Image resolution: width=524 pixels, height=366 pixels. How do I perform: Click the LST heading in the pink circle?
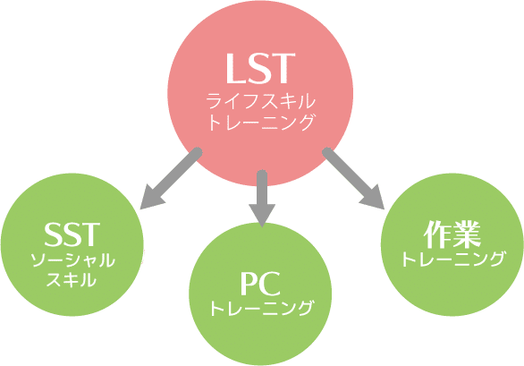click(261, 68)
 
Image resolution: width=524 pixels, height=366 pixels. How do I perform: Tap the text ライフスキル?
click(261, 101)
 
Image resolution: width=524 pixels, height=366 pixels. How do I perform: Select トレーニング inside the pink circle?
click(261, 123)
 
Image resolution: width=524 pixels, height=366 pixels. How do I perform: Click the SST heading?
click(72, 234)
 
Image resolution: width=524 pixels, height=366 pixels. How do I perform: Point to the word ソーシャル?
click(72, 260)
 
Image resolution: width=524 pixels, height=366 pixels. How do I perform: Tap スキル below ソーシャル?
click(72, 279)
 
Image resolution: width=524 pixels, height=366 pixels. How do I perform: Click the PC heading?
click(260, 284)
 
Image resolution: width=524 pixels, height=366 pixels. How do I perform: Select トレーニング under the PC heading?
click(262, 308)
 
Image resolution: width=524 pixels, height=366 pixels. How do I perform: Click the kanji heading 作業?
click(452, 234)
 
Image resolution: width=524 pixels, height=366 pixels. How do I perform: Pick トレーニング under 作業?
click(452, 259)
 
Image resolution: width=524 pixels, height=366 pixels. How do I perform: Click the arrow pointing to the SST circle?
click(171, 179)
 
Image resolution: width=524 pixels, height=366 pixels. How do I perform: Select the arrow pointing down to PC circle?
click(262, 198)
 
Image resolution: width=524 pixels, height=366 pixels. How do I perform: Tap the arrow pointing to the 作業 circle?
click(353, 179)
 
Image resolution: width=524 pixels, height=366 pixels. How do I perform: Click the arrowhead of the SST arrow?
click(150, 199)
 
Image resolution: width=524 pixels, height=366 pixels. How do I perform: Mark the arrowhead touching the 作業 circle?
click(375, 199)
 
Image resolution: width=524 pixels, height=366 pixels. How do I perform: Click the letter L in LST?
click(236, 68)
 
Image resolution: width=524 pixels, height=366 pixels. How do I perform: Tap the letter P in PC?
click(249, 284)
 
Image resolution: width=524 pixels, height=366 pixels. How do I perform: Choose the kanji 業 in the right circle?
click(467, 234)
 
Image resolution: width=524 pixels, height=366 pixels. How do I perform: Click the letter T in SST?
click(90, 234)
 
